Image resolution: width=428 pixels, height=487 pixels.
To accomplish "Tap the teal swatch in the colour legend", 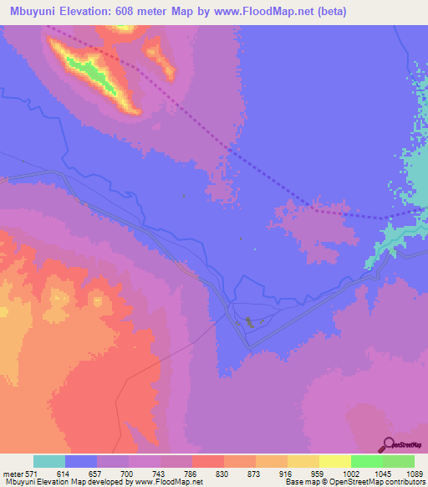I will pos(49,462).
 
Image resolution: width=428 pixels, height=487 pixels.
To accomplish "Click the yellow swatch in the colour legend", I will pos(335,462).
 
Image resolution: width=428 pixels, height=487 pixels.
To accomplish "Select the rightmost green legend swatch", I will pos(399,462).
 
